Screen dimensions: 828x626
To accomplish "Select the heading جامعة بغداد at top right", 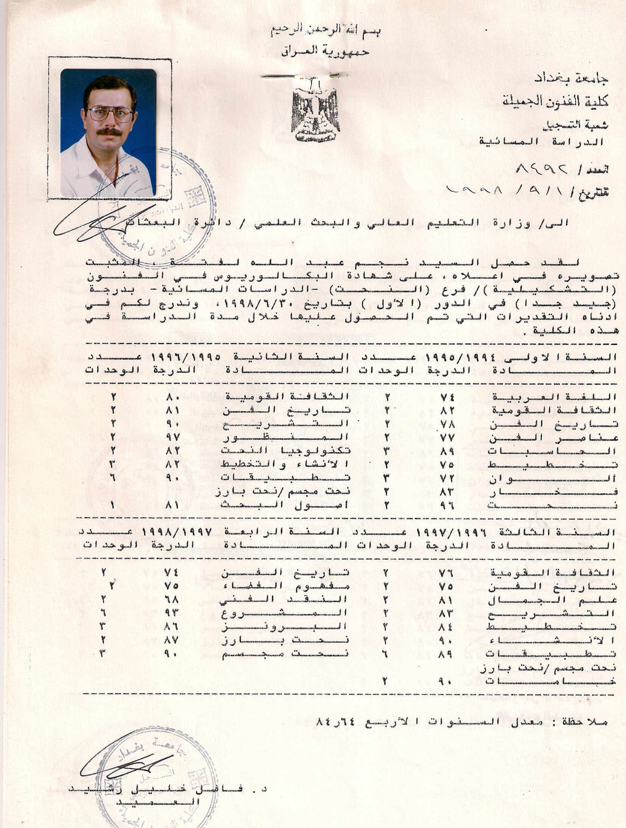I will click(x=571, y=79).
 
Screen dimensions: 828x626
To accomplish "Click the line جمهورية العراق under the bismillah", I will click(x=325, y=51).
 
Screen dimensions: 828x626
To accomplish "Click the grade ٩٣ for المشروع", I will click(x=171, y=612).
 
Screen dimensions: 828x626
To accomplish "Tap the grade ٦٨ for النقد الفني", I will click(x=171, y=599).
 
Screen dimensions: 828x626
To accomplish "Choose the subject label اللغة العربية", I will click(x=554, y=397).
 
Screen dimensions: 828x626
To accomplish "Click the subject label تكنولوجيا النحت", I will click(x=285, y=451).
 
